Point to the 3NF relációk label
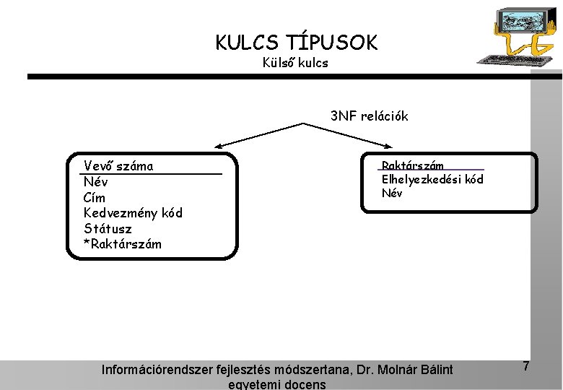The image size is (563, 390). click(369, 116)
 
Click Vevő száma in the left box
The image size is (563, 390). click(118, 166)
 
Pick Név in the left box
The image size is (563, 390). click(95, 182)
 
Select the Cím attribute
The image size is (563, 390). click(95, 198)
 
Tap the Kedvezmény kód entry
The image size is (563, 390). click(133, 213)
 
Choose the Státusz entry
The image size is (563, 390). click(108, 229)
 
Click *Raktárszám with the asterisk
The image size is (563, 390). click(123, 244)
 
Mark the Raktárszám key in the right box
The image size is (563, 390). click(412, 165)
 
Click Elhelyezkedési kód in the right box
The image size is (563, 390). click(432, 179)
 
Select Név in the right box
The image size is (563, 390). click(392, 193)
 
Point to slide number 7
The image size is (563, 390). click(526, 366)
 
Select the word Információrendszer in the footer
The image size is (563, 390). click(157, 370)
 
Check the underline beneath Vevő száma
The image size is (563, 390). click(152, 175)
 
